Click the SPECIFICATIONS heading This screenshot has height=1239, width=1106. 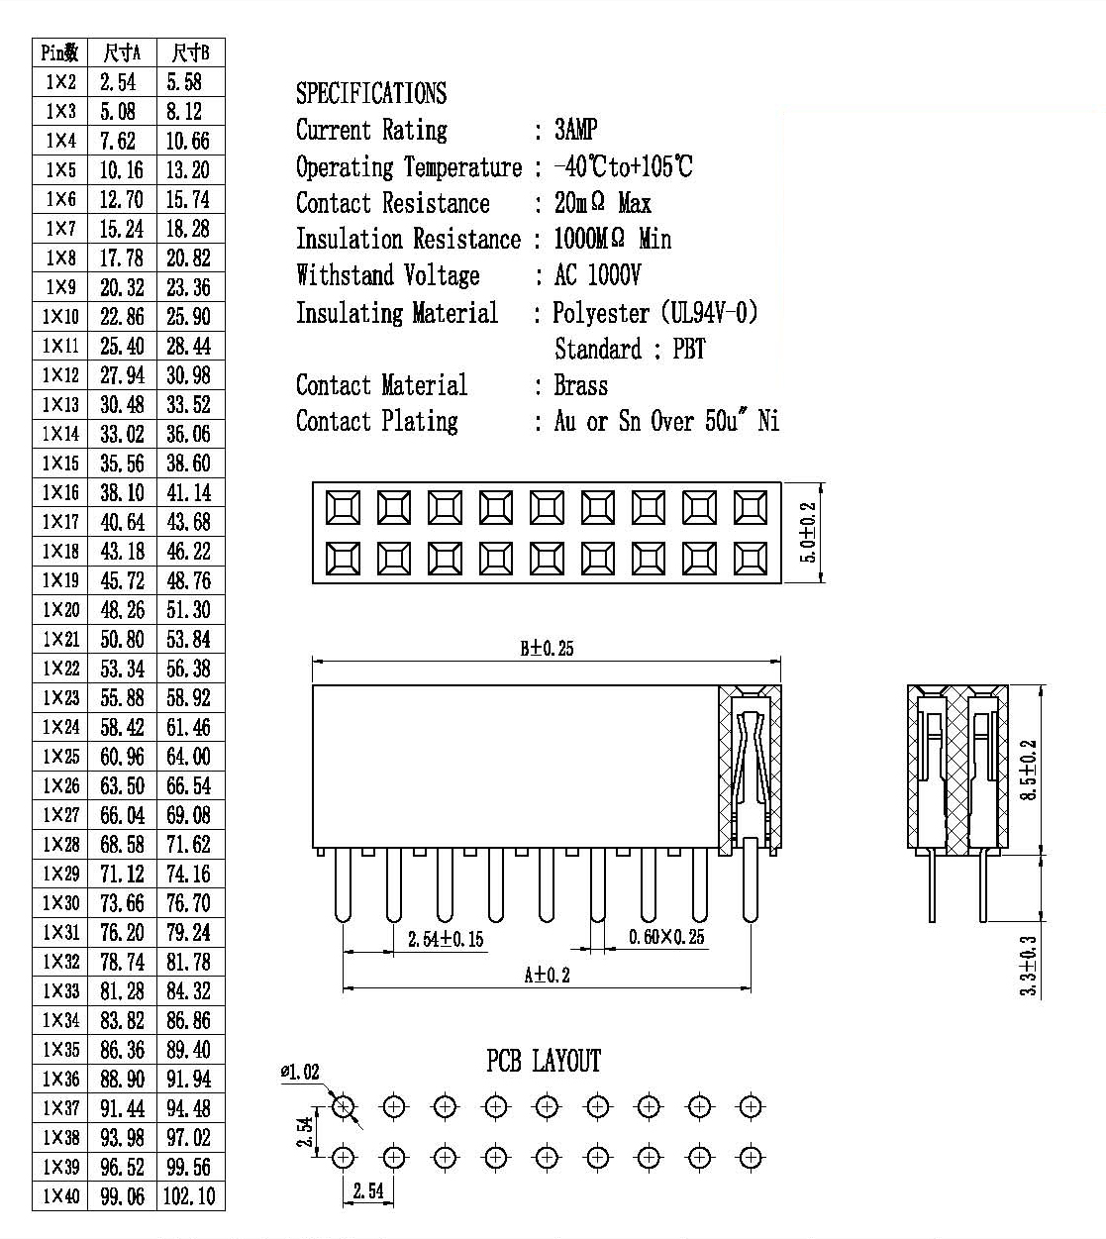371,93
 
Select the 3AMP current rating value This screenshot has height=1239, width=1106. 575,130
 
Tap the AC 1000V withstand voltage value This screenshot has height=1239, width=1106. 597,274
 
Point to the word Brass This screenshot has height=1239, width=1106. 581,385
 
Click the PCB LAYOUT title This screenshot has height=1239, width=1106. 544,1061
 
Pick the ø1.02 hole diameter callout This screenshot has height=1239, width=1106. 300,1072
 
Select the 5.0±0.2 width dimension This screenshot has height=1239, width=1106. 808,532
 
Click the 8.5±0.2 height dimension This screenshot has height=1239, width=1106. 1029,770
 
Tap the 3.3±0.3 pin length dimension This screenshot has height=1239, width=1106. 1029,966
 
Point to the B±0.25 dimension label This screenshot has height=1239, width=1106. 547,649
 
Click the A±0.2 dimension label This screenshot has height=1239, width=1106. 547,975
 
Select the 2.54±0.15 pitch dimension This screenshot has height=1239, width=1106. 446,939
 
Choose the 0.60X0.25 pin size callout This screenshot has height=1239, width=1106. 666,937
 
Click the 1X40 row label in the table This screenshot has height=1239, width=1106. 60,1195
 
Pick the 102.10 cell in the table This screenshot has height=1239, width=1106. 189,1195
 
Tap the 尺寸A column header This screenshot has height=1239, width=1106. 122,53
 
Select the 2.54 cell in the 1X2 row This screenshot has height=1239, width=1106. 118,82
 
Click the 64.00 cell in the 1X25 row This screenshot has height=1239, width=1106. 188,757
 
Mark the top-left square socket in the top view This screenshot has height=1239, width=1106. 343,508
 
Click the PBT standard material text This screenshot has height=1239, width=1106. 689,350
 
